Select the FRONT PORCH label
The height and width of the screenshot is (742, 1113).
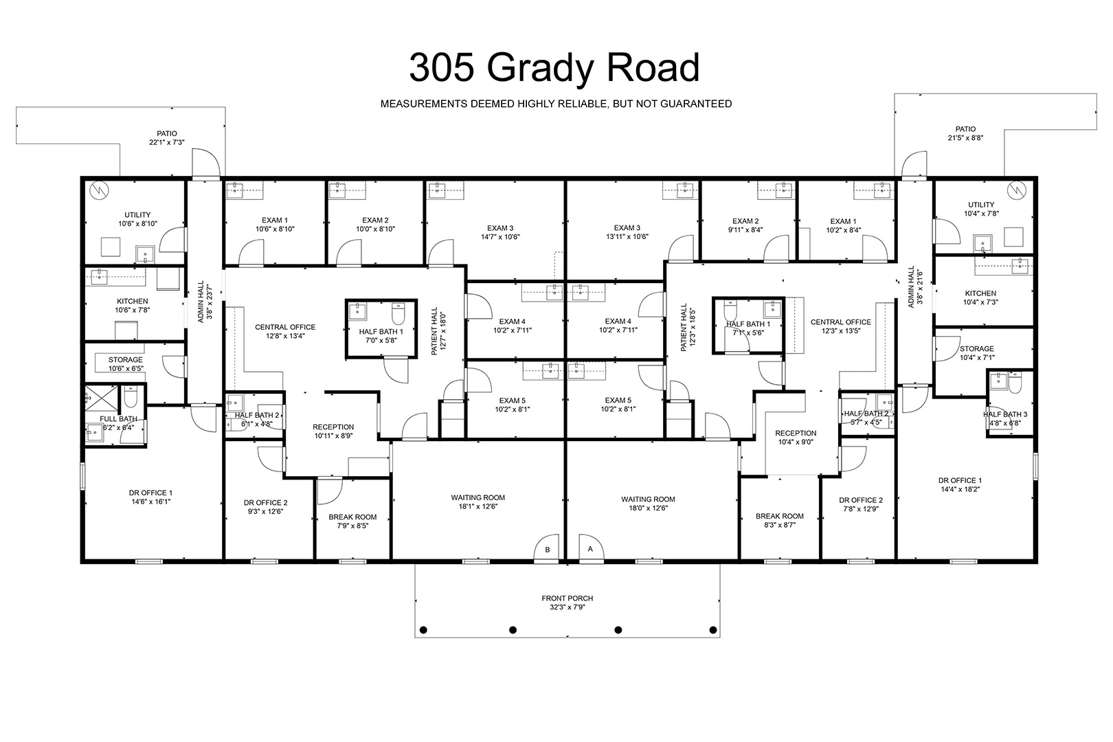tap(567, 598)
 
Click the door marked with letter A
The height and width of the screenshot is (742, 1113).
tap(591, 548)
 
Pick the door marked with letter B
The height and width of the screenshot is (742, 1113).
tap(547, 548)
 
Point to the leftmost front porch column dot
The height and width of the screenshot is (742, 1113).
tap(423, 630)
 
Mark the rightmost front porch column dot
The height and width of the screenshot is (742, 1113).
tap(713, 630)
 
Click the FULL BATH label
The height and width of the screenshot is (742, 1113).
tap(118, 419)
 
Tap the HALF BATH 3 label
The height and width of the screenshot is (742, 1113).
tap(1005, 414)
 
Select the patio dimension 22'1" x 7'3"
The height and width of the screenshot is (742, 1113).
tap(167, 143)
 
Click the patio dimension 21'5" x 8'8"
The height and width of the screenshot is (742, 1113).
tap(965, 138)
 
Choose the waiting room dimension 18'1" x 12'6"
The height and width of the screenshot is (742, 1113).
tap(478, 507)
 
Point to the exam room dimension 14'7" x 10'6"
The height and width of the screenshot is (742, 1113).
tap(500, 237)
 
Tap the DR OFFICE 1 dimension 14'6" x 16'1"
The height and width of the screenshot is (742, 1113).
tap(150, 502)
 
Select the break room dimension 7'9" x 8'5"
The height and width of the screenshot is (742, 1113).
tap(352, 526)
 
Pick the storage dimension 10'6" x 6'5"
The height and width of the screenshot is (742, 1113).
tap(126, 369)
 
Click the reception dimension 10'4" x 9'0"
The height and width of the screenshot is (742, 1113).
tap(796, 442)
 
